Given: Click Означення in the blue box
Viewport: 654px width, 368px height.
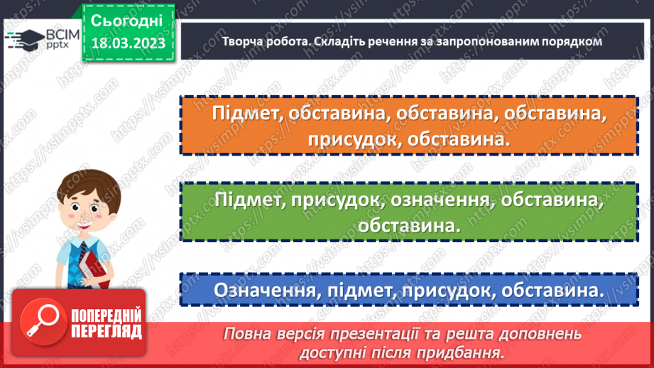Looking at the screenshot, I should coord(258,291).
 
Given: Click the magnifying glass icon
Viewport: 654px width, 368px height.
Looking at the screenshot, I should coord(41,322).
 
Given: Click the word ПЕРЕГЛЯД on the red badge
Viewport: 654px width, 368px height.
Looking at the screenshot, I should coord(104,331).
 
